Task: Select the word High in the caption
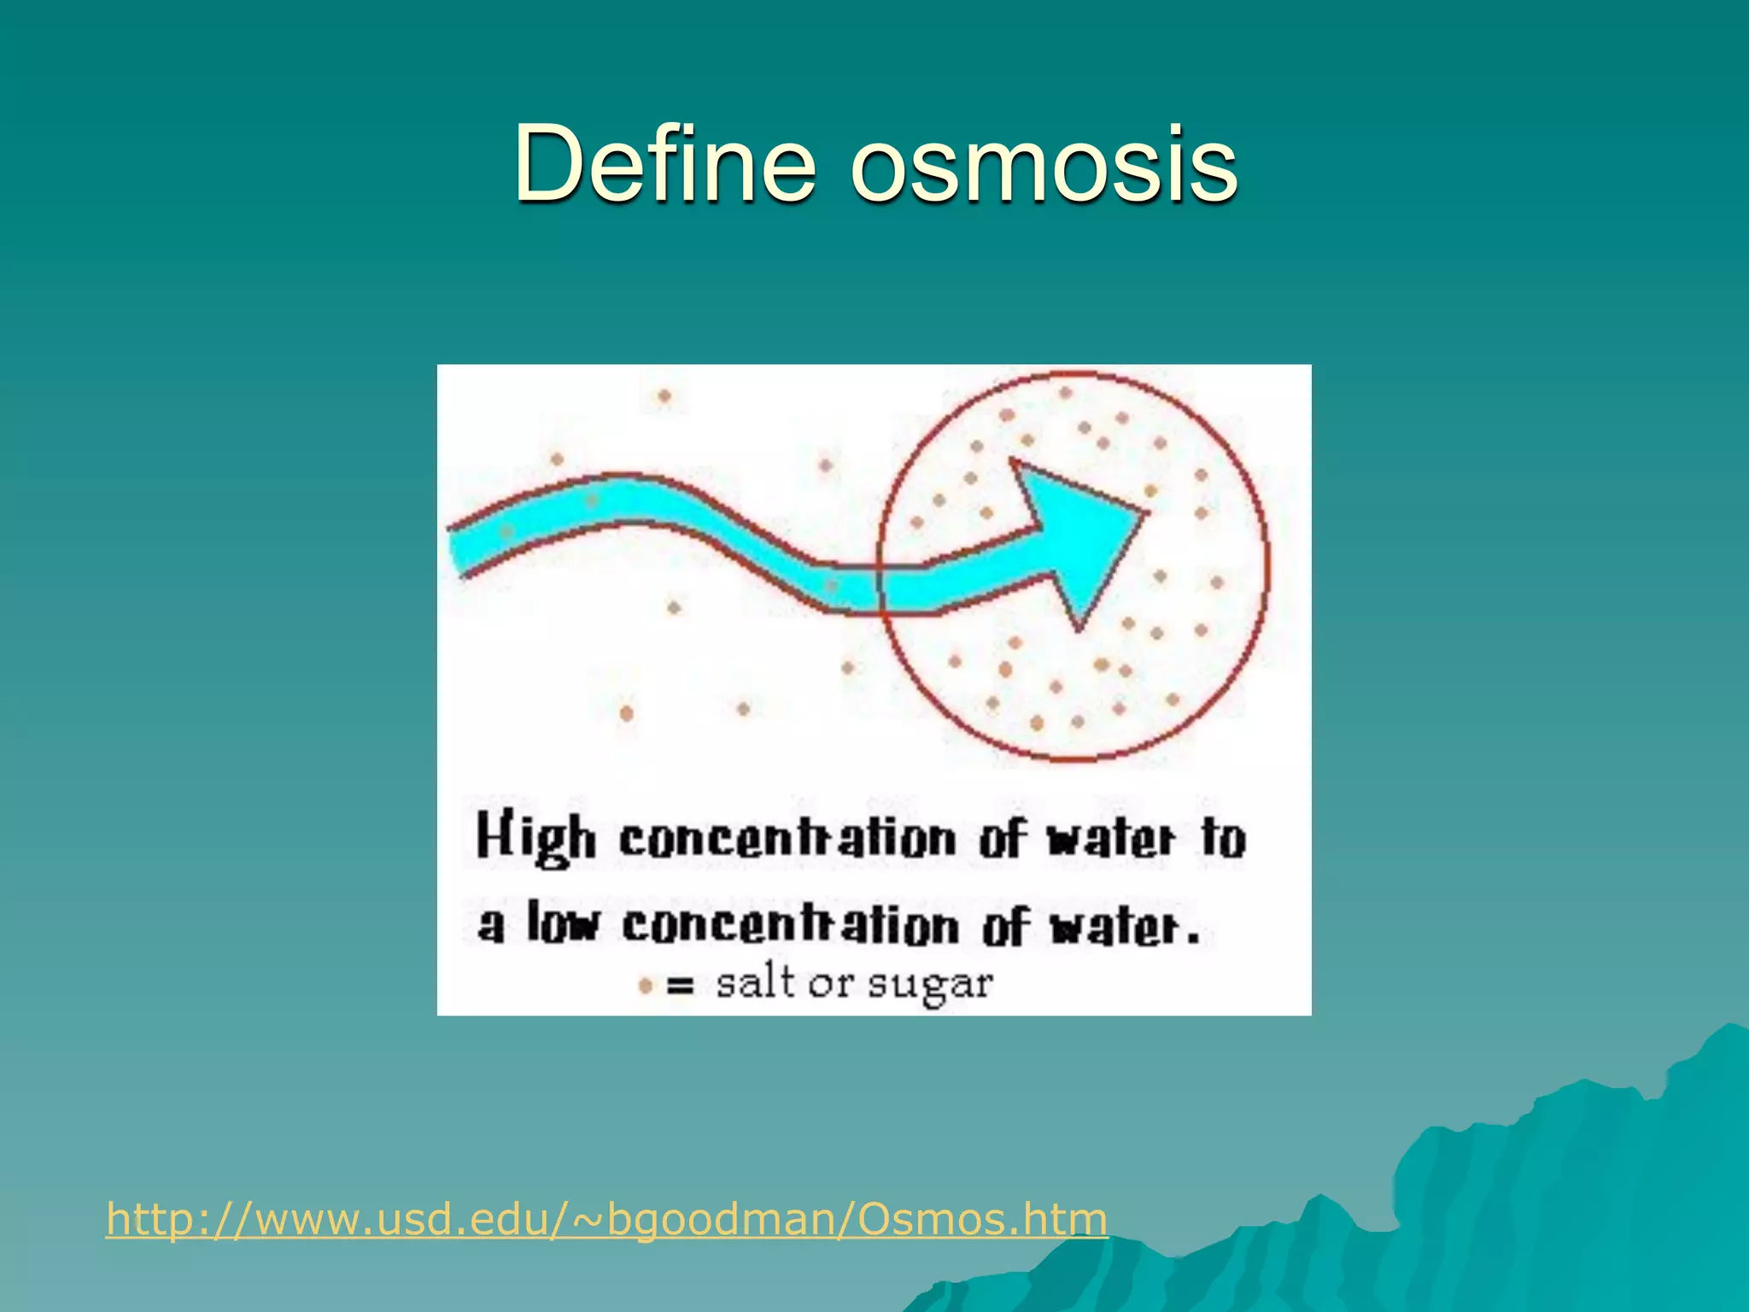point(535,838)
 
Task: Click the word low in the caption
point(563,925)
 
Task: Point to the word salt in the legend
point(754,983)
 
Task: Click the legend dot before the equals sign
point(646,987)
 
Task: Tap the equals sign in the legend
point(680,987)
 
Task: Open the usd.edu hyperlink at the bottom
point(606,1218)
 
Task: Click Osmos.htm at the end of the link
point(982,1218)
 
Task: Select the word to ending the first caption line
point(1223,838)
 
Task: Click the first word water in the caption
point(1111,839)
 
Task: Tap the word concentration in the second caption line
point(790,926)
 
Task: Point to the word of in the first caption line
point(1001,838)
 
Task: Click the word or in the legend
point(831,984)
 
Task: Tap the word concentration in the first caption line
point(787,839)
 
